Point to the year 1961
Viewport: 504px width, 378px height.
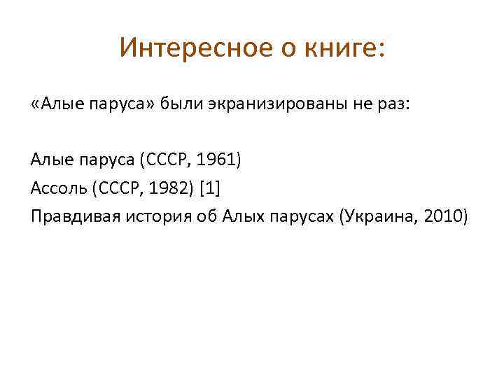218,160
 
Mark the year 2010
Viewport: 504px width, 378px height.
442,216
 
